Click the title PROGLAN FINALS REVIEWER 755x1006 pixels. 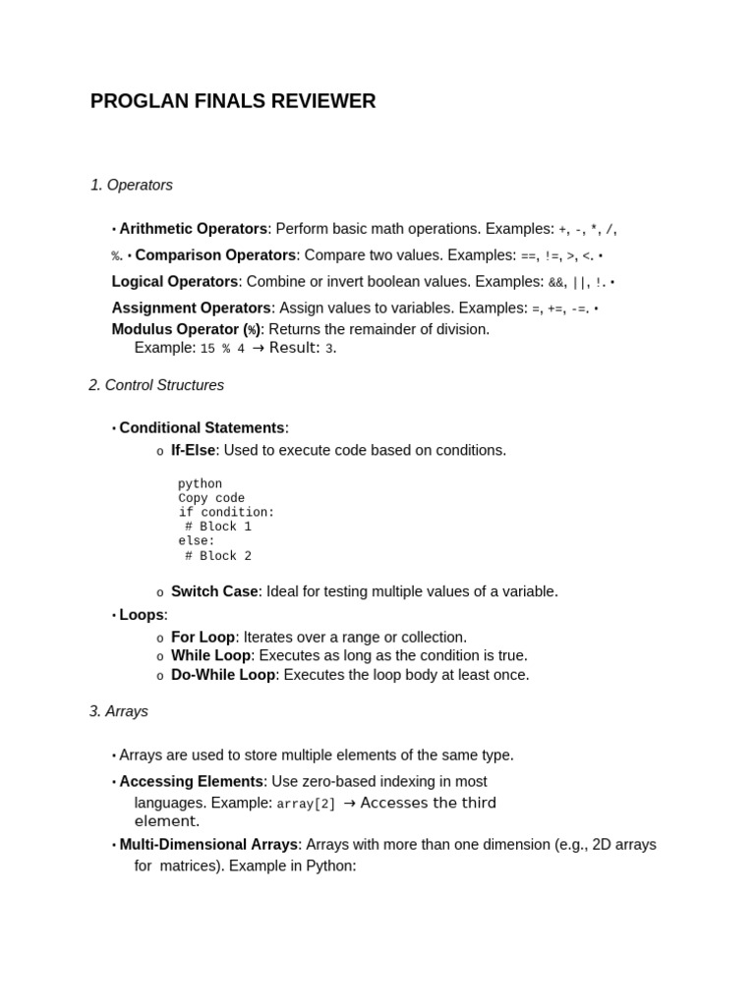pos(233,101)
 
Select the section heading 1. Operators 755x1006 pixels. pos(131,185)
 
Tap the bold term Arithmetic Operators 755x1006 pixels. pos(193,229)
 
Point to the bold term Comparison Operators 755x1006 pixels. pos(215,255)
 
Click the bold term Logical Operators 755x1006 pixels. pos(175,282)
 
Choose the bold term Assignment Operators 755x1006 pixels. pos(191,308)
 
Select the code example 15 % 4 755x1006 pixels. pos(222,349)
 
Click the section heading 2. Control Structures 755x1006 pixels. pos(156,385)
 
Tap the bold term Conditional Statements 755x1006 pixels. pos(202,428)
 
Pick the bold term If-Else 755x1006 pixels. pos(193,451)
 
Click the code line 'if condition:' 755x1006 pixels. pos(226,513)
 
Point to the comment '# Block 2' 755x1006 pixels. pos(218,556)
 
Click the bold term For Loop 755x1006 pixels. pos(203,638)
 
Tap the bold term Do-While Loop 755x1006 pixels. pos(222,675)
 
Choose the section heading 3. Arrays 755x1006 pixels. pos(118,711)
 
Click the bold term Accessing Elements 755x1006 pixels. pos(191,782)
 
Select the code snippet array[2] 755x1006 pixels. pos(306,804)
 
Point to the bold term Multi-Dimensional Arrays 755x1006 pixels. pos(208,845)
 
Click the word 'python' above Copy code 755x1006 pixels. pos(200,484)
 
